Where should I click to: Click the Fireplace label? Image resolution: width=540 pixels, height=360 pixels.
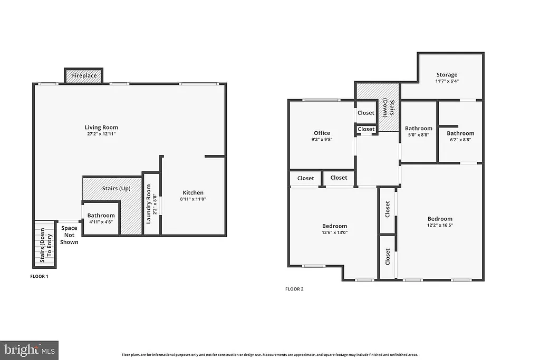(x=84, y=76)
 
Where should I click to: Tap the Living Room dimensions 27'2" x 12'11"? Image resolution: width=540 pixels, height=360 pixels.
(x=101, y=134)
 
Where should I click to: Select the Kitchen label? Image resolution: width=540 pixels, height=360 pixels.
(x=193, y=192)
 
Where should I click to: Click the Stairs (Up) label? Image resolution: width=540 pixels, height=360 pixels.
(x=116, y=188)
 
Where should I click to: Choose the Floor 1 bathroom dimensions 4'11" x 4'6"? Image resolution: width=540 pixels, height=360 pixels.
(x=101, y=222)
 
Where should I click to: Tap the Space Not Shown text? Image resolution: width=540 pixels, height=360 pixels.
(x=69, y=235)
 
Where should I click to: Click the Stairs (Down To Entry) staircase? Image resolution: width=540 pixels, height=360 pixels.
(x=45, y=244)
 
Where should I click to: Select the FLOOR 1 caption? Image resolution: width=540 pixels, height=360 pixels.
(x=39, y=276)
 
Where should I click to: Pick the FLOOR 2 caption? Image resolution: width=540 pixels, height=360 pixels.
(x=294, y=289)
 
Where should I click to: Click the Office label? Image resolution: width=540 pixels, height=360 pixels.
(x=322, y=133)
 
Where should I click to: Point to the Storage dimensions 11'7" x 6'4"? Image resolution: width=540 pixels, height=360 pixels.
(x=447, y=81)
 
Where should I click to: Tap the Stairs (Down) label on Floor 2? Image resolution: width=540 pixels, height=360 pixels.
(x=389, y=108)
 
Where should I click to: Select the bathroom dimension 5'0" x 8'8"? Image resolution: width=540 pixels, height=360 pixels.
(x=418, y=135)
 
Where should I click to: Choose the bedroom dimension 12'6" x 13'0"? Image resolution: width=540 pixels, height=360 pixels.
(x=335, y=232)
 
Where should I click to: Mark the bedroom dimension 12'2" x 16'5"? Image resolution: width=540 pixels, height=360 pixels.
(x=440, y=226)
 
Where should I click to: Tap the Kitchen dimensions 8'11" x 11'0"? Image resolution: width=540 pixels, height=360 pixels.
(x=193, y=199)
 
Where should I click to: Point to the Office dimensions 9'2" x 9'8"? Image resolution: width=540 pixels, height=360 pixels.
(x=322, y=140)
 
